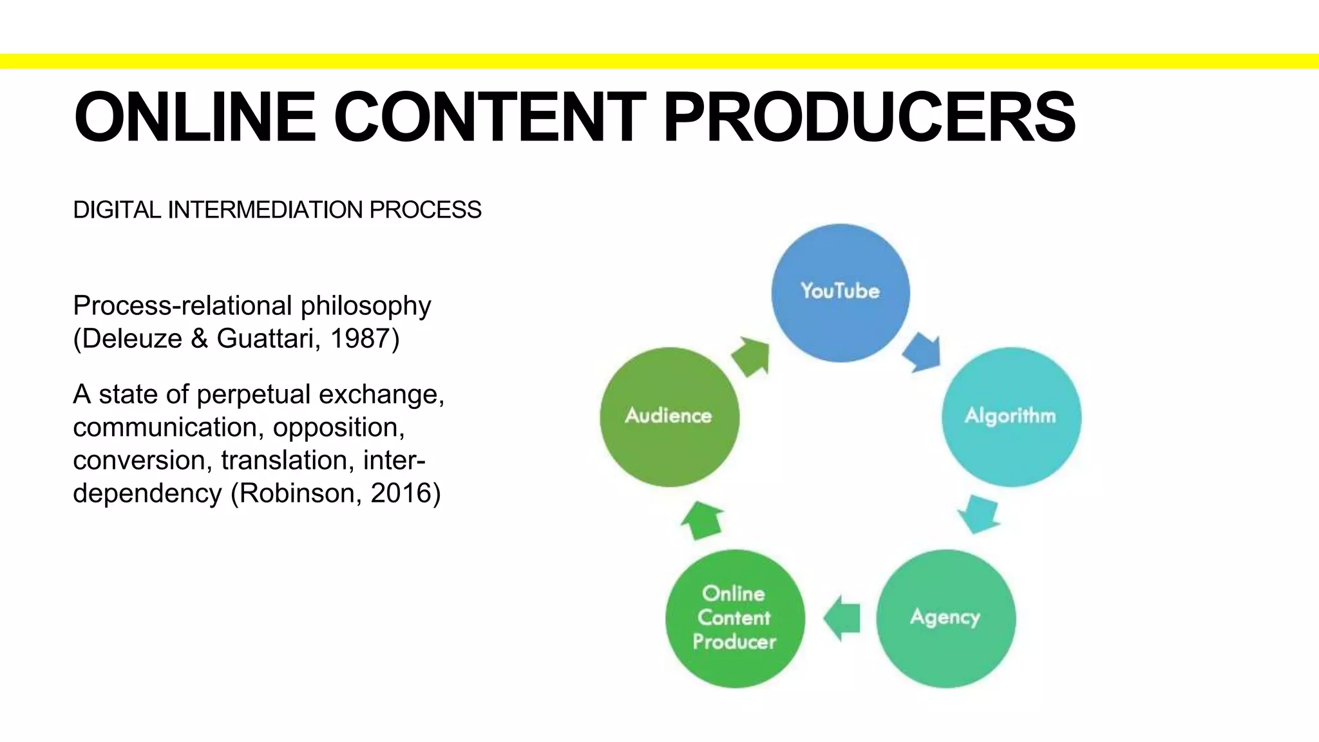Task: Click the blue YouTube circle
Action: (x=840, y=293)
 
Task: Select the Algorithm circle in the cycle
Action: (x=1011, y=417)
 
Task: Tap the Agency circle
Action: (x=945, y=618)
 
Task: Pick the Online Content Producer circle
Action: (x=735, y=618)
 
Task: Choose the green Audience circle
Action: (x=669, y=417)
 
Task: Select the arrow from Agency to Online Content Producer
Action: (x=841, y=618)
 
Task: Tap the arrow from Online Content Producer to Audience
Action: (x=703, y=520)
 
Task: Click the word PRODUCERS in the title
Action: (x=869, y=117)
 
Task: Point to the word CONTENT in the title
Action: (x=489, y=117)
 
